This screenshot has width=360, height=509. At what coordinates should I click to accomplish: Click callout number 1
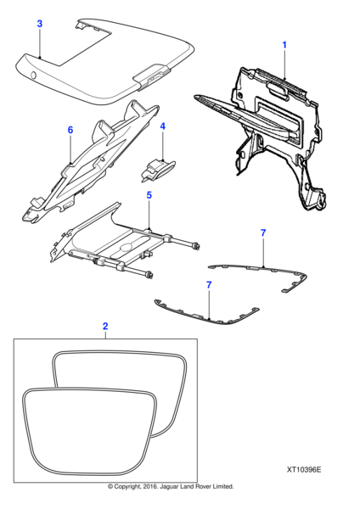pyautogui.click(x=284, y=45)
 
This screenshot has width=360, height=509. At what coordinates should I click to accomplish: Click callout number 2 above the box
pyautogui.click(x=105, y=327)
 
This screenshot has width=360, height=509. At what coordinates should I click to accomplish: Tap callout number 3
pyautogui.click(x=40, y=24)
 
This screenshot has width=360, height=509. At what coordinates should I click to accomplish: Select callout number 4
pyautogui.click(x=163, y=126)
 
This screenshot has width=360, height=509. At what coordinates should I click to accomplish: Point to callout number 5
pyautogui.click(x=149, y=195)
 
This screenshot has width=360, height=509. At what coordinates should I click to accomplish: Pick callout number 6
pyautogui.click(x=70, y=130)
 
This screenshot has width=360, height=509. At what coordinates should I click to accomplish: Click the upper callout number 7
pyautogui.click(x=263, y=232)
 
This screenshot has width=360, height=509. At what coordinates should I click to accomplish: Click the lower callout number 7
pyautogui.click(x=209, y=285)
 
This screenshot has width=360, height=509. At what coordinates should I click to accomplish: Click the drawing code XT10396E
pyautogui.click(x=304, y=470)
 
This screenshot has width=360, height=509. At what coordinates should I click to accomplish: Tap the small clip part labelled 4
pyautogui.click(x=158, y=169)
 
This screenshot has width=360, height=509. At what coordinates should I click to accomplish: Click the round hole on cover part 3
pyautogui.click(x=33, y=76)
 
